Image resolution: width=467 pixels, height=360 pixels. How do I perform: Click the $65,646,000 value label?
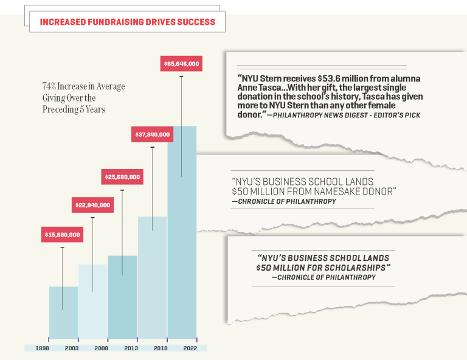click(x=182, y=63)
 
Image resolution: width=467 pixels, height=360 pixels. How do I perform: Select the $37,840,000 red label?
click(x=152, y=134)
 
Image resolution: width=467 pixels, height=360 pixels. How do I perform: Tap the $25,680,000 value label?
click(x=122, y=177)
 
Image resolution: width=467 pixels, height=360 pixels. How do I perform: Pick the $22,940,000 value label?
click(x=92, y=205)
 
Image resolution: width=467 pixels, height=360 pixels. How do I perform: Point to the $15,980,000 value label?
click(x=62, y=234)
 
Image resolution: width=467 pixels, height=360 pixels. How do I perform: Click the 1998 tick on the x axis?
click(x=43, y=348)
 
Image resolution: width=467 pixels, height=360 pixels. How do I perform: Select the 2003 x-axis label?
click(x=72, y=348)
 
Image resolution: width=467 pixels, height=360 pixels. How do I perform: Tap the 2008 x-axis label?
click(x=102, y=348)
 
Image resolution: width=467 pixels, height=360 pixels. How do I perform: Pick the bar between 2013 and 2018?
click(x=152, y=280)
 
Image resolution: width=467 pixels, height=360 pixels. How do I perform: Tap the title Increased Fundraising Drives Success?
click(x=127, y=22)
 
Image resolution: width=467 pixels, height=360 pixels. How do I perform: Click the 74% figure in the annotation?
click(x=49, y=86)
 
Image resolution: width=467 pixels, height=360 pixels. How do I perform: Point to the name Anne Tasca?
click(x=254, y=88)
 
